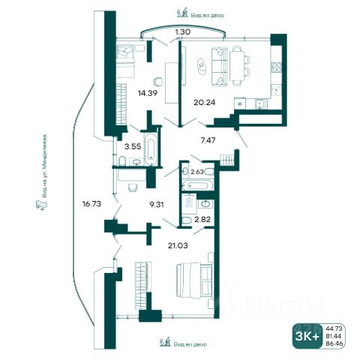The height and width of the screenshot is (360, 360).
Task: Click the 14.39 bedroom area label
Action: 148,93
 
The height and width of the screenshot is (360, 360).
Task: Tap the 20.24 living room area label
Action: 205,102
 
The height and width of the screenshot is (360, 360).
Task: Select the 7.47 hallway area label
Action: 208,140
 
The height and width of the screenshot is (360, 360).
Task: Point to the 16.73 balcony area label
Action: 91,204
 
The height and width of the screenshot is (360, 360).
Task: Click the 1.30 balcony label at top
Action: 183,31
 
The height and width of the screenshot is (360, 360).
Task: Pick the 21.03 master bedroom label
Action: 178,245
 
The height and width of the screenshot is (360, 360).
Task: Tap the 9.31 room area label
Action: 157,205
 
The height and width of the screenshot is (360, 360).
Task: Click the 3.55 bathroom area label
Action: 133,146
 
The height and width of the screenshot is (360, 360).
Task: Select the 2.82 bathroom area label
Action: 202,220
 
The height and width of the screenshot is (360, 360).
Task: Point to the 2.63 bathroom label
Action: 197,172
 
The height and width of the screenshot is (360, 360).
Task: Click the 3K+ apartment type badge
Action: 307,337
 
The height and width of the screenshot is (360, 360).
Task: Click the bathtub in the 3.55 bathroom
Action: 151,149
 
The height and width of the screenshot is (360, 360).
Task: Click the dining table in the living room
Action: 237,65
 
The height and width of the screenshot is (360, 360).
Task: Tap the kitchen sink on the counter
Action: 261,103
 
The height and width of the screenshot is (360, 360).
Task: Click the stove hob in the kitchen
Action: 277,67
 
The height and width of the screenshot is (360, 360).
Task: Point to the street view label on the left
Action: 44,166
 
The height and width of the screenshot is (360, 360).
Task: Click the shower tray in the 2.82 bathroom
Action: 189,202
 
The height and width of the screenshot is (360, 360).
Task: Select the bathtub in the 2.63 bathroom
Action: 198,185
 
